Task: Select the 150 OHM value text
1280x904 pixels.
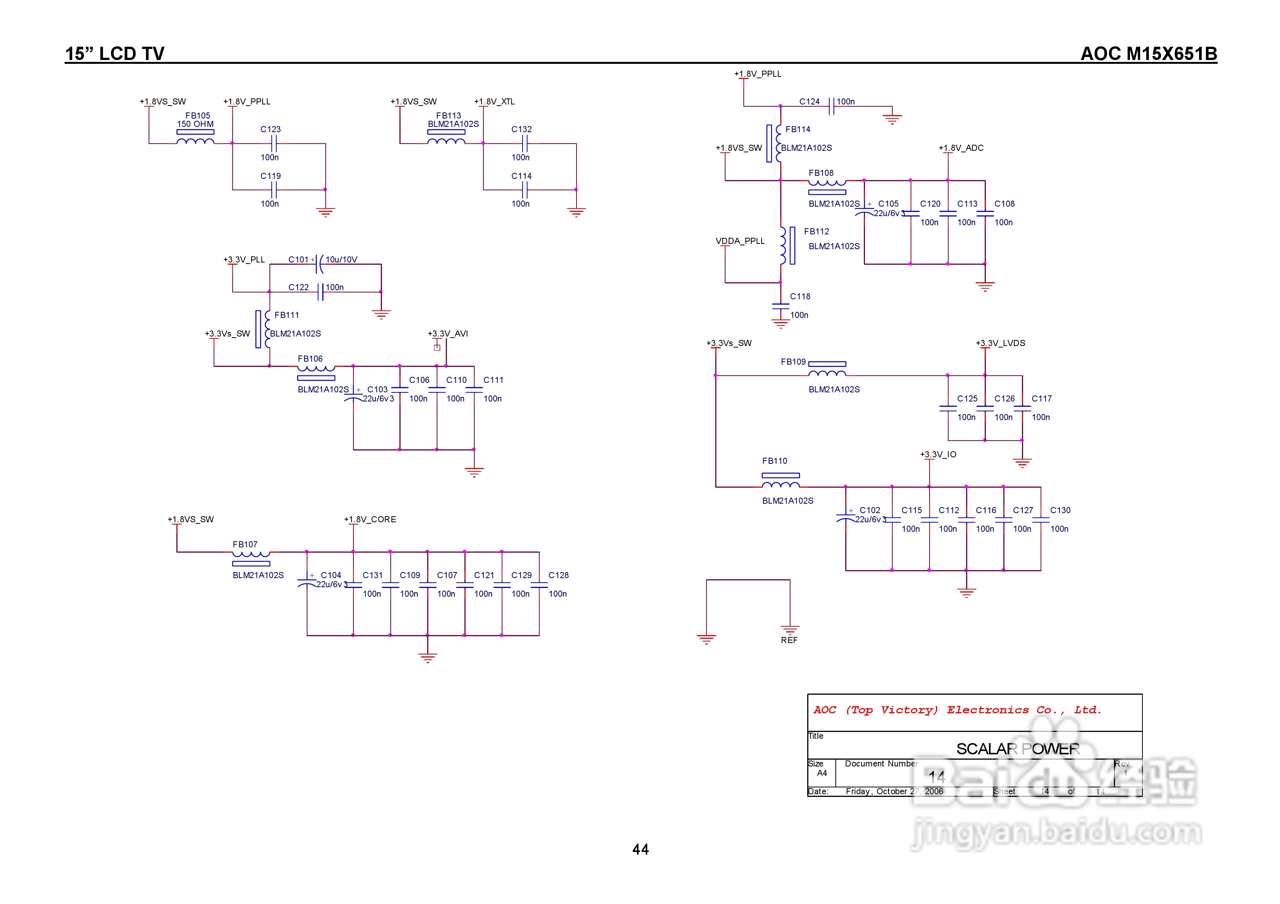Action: [195, 124]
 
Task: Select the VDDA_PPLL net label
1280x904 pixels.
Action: [740, 241]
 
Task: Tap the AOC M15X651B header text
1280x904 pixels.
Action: [1149, 54]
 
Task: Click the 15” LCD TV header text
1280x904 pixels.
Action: [115, 54]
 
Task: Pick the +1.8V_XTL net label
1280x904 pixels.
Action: [494, 101]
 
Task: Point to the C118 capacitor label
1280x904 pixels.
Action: [800, 297]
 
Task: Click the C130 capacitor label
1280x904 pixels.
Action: [1060, 510]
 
